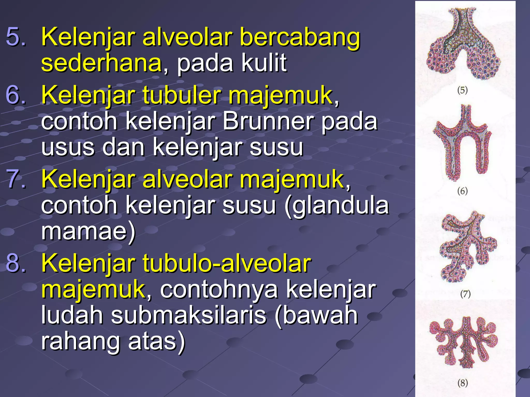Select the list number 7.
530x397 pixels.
pos(16,179)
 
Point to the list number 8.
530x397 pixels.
pos(16,263)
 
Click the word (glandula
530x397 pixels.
pos(336,205)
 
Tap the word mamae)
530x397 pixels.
pos(88,231)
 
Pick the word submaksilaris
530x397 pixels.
pos(189,315)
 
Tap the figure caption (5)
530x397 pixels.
pos(462,90)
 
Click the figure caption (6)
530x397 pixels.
pos(462,191)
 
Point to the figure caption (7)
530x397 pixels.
pos(465,294)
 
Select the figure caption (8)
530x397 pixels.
pos(463,383)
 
